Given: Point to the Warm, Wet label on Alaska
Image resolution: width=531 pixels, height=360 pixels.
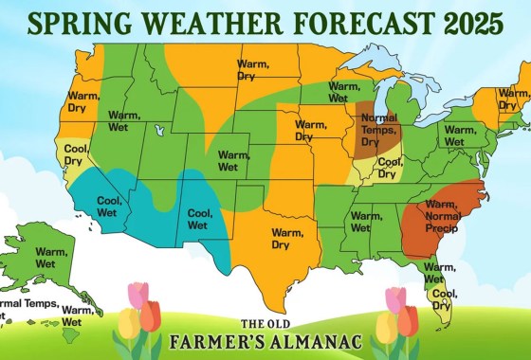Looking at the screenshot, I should coord(51,257).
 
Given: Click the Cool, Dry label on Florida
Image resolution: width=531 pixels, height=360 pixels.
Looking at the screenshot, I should coord(441,299).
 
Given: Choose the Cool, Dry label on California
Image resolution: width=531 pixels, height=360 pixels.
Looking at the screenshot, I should coord(74,154).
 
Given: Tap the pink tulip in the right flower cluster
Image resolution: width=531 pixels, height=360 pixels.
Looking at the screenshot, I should coord(395,301).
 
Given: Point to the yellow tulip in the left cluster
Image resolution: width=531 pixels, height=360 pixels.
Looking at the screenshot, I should coord(129,325).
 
